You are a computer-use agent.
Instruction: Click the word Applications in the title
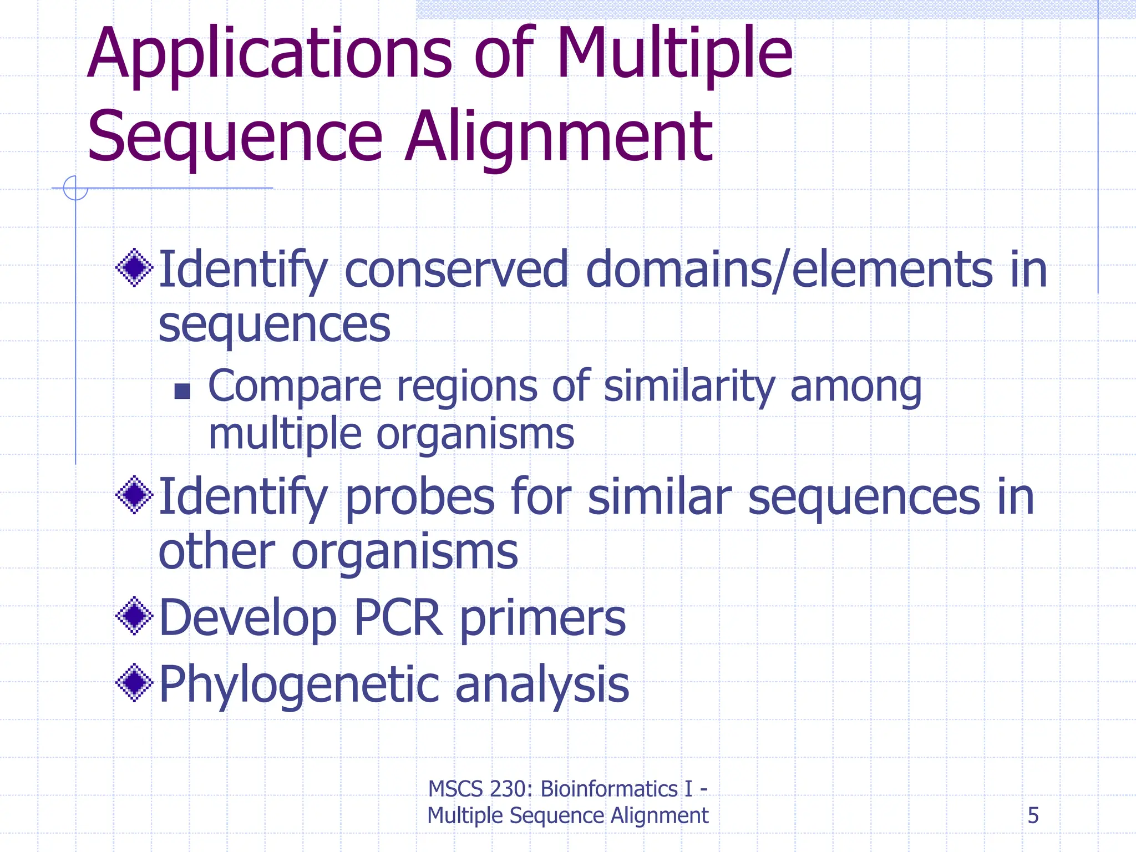[270, 54]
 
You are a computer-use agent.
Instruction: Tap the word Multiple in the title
[674, 54]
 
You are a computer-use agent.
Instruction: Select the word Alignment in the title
[559, 136]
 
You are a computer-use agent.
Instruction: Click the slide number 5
[1033, 815]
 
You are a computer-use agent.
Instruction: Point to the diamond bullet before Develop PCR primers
[134, 616]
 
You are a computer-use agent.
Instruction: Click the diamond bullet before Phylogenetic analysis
[134, 682]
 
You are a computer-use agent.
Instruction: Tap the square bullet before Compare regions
[182, 391]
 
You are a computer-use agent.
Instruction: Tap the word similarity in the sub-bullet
[689, 386]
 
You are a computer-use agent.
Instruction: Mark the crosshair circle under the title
[75, 188]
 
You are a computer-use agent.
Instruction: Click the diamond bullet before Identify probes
[134, 494]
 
